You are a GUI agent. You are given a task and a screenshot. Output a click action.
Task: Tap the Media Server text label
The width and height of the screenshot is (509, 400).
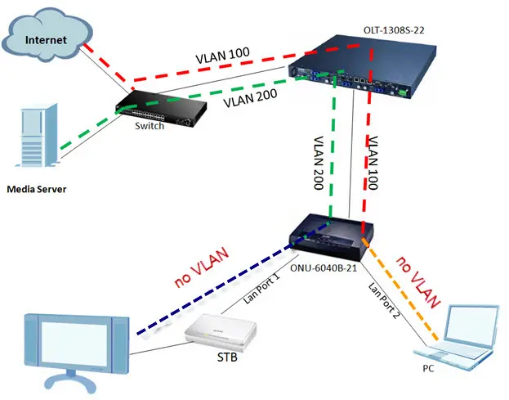pos(36,190)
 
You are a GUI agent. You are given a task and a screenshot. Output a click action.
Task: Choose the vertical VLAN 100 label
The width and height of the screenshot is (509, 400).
pos(373,160)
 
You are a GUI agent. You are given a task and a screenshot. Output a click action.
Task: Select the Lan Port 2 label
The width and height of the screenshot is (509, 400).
pos(378,300)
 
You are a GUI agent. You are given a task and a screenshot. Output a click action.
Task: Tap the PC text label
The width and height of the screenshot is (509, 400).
pos(427,370)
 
